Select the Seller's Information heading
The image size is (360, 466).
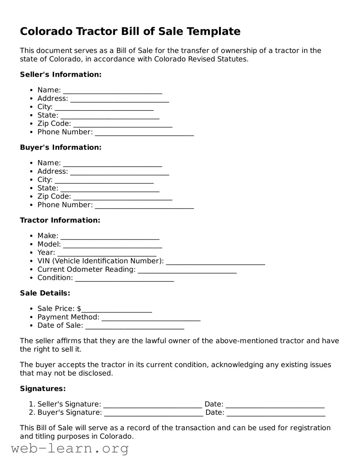click(x=61, y=75)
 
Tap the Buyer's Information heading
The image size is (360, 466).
click(x=61, y=148)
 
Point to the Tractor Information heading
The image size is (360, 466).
click(x=60, y=220)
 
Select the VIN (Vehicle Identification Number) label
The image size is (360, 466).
click(x=100, y=261)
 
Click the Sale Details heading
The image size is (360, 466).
click(x=45, y=293)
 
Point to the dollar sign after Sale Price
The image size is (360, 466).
click(x=79, y=309)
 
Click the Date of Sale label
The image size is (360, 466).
click(x=60, y=326)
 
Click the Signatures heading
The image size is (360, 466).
click(x=43, y=389)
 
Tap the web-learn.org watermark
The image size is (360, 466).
click(x=70, y=449)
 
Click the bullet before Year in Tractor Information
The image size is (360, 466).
click(x=31, y=253)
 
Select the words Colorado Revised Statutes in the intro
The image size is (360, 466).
click(x=201, y=59)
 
